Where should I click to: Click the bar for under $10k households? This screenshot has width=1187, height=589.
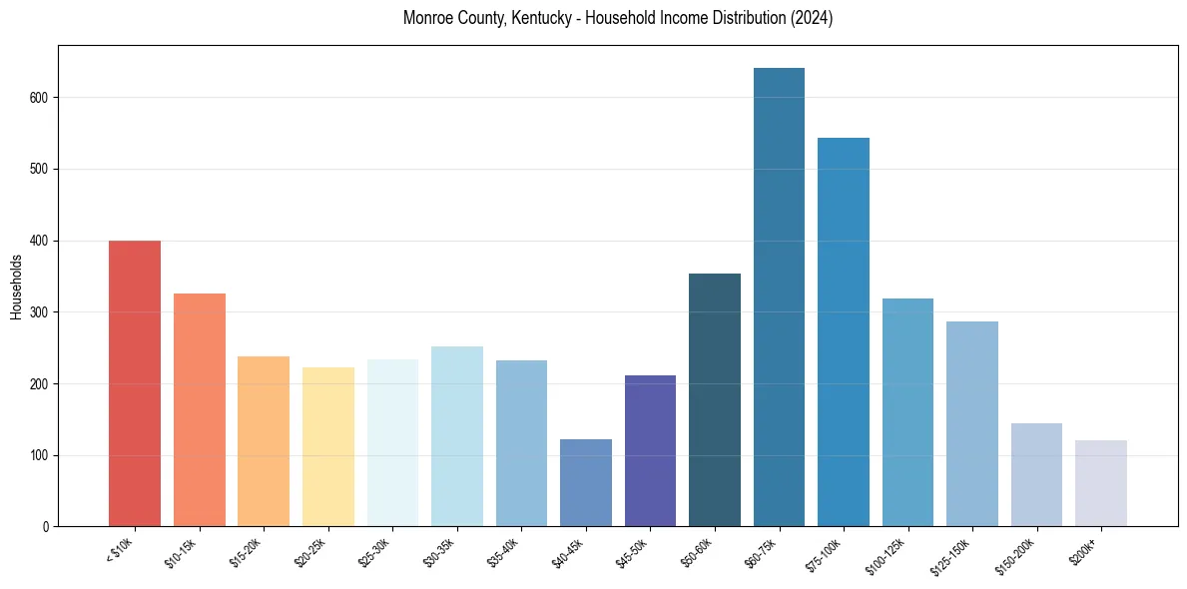(x=135, y=383)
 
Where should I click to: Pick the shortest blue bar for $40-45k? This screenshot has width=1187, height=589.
(x=586, y=483)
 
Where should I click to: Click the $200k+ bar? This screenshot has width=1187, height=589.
(x=1101, y=483)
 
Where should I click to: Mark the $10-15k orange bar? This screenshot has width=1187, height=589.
(x=200, y=410)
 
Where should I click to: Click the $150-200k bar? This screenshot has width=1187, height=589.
(x=1036, y=475)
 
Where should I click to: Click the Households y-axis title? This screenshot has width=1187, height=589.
(x=16, y=287)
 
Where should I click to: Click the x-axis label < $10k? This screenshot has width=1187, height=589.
(x=119, y=550)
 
